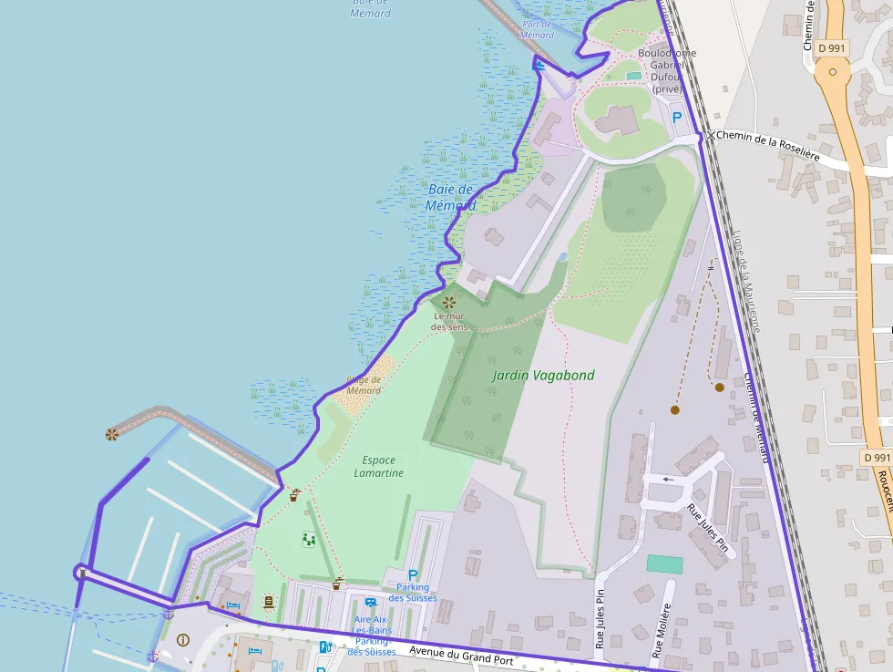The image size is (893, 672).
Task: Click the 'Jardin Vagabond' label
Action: [x=543, y=375]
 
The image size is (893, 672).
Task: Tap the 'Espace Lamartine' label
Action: [x=378, y=467]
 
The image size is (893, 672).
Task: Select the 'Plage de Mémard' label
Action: [x=364, y=385]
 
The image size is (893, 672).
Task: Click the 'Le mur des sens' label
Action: [x=449, y=321]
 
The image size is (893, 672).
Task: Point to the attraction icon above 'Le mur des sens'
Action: [x=448, y=301]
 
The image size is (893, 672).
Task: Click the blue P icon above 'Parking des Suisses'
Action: [x=413, y=575]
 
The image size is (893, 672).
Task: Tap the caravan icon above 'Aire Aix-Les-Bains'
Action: [x=370, y=602]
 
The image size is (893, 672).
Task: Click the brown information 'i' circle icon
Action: [x=183, y=640]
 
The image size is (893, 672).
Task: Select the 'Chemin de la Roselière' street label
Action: [x=768, y=146]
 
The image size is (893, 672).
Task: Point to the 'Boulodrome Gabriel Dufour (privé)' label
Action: [x=667, y=71]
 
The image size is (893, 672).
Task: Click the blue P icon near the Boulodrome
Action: [x=676, y=117]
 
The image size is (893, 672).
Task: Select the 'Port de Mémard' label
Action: [x=537, y=29]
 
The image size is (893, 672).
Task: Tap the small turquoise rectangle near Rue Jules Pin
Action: [x=664, y=563]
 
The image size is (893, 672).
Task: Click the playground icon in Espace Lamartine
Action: [x=309, y=540]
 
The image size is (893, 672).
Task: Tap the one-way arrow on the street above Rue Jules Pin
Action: [x=670, y=479]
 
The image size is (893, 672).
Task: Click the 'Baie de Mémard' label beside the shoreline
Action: [x=451, y=197]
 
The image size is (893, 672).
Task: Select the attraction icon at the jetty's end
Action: [x=112, y=434]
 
